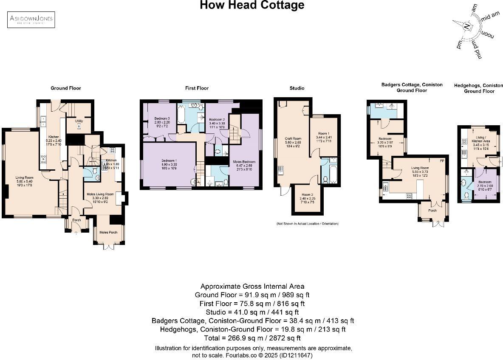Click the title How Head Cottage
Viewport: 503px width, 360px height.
252,6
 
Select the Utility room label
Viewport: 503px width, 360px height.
79,121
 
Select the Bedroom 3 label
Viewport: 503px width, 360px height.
162,118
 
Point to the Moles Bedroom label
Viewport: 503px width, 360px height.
244,162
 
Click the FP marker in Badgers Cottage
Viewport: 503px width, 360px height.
442,160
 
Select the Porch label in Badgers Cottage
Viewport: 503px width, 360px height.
432,211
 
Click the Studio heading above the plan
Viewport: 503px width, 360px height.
297,88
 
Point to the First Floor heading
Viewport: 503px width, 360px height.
197,88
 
